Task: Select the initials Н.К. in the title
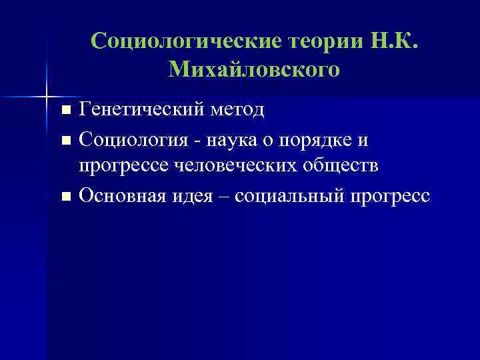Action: pyautogui.click(x=398, y=41)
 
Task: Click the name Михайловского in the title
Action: pyautogui.click(x=255, y=69)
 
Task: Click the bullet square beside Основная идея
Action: pyautogui.click(x=65, y=197)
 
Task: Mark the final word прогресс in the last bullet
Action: pyautogui.click(x=392, y=196)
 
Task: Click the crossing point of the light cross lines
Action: pyautogui.click(x=47, y=93)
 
